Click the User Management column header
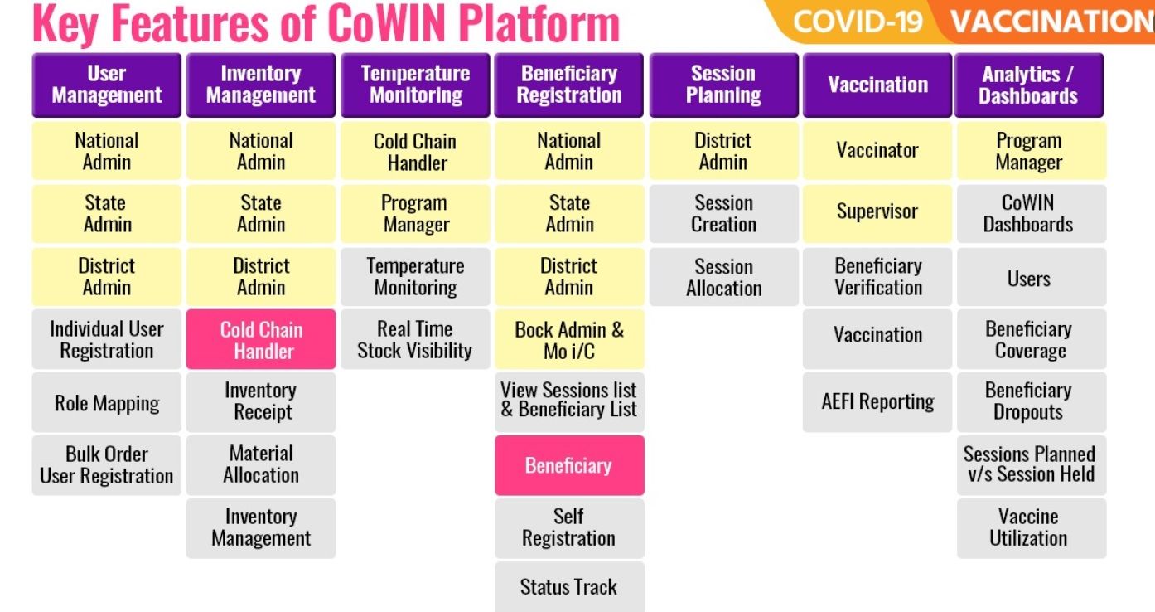tap(106, 85)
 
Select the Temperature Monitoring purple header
tap(415, 85)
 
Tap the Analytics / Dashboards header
tap(1028, 85)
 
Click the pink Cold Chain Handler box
tap(261, 340)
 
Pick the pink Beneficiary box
tap(569, 465)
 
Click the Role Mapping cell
tap(106, 403)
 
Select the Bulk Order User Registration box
tap(106, 465)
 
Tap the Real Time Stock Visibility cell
tap(415, 340)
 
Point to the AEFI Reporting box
tap(877, 402)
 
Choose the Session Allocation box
tap(723, 277)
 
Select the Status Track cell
tap(569, 587)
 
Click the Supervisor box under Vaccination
tap(877, 212)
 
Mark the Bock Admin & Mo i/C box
tap(569, 340)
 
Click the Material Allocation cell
tap(261, 464)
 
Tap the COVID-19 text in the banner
tap(858, 21)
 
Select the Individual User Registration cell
tap(106, 340)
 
